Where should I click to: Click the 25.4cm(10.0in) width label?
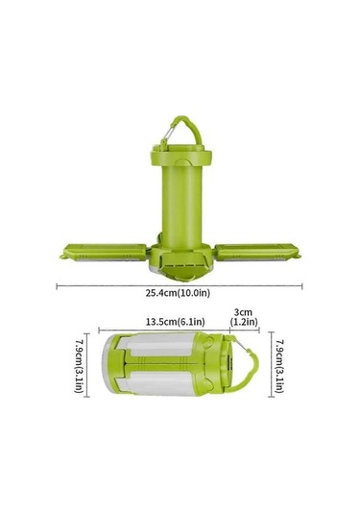point(178,293)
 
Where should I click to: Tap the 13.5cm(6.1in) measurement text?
point(176,322)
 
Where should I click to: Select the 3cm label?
point(243,312)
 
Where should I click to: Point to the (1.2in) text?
point(244,322)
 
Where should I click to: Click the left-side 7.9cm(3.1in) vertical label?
point(79,366)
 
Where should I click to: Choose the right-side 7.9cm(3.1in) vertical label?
point(279,366)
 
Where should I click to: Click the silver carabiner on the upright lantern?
point(167,135)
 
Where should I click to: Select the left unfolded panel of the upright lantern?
point(105,252)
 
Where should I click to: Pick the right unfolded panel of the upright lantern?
point(257,252)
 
